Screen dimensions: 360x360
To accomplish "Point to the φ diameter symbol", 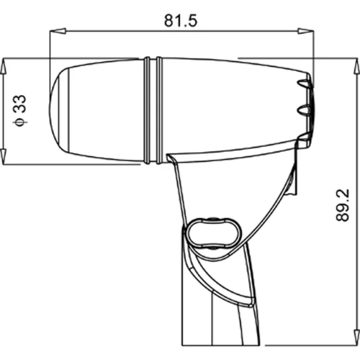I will tap(21, 121).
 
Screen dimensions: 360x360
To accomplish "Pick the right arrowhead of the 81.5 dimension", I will tap(307, 30).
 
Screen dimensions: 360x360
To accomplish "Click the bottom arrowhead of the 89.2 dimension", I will tap(354, 352).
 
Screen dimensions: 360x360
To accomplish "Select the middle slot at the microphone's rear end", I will tap(306, 110).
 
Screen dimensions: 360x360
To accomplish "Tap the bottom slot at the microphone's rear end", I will tap(306, 135).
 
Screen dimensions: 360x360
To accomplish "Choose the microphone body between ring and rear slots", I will tap(230, 108).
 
